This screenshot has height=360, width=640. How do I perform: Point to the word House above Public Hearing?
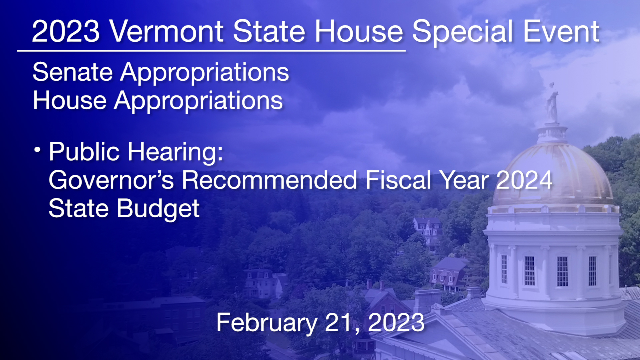(70, 100)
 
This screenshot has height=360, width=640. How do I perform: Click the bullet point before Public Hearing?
(37, 150)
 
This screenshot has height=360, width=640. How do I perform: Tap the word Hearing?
(175, 152)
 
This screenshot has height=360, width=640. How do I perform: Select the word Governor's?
(111, 180)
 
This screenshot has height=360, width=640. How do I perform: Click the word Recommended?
(270, 180)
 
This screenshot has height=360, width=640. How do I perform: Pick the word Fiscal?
(398, 180)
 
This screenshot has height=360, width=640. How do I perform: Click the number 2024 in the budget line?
(524, 180)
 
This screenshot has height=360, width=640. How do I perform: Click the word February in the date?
(267, 323)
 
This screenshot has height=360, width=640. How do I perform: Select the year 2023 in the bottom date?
(396, 323)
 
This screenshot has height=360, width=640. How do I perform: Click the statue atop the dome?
(552, 103)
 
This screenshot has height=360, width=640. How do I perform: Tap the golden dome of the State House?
(553, 173)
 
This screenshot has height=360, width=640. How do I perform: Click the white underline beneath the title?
(211, 51)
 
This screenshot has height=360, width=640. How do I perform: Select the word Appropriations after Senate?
(204, 73)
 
